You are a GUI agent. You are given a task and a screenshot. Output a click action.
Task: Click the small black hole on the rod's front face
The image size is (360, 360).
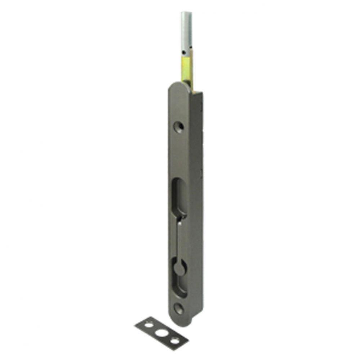pos(184,53)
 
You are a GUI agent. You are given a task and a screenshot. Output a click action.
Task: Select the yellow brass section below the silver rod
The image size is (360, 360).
pos(187,70)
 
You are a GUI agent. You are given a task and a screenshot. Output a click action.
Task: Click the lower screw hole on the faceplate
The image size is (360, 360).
pos(179,308)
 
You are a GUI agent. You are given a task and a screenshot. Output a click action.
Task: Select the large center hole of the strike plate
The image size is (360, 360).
pos(161,333)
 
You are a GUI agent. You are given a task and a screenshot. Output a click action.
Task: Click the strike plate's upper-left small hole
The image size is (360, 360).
pos(148,325)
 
